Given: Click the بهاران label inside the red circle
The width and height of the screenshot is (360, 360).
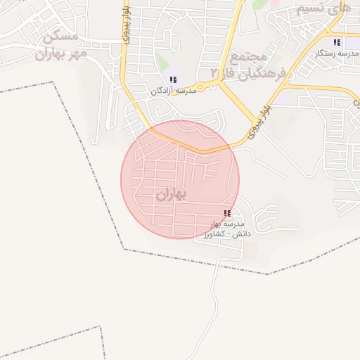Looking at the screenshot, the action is tap(173, 195).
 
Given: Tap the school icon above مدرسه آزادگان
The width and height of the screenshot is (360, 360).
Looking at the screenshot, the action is tap(173, 80).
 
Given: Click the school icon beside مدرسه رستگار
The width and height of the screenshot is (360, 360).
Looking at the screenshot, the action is tap(337, 42).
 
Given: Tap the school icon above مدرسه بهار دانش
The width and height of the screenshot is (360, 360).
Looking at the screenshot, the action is tap(226, 213).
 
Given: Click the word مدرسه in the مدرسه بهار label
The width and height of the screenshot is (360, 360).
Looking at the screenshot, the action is tap(240, 224).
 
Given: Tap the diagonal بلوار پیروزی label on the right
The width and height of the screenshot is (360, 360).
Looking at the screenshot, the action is tap(257, 120).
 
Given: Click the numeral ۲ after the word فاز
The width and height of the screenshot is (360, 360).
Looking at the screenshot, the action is tap(214, 73).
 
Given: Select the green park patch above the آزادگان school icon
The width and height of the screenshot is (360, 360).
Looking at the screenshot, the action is tap(163, 62).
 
